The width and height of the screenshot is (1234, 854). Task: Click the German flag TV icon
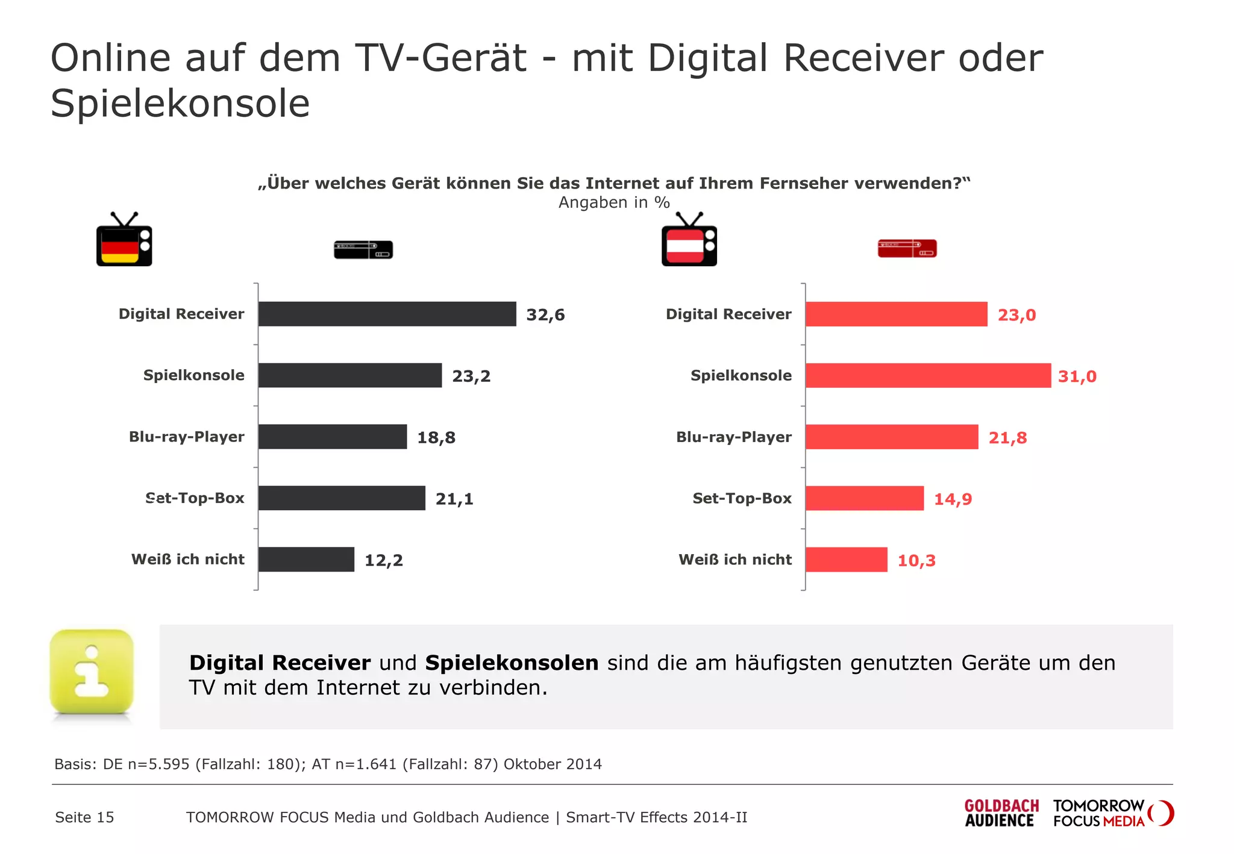point(124,240)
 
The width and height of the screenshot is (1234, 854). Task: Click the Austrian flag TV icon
point(689,240)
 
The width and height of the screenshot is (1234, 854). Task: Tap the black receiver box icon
point(363,249)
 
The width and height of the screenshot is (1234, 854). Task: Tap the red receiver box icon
point(907,248)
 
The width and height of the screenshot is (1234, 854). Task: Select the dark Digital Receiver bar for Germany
point(387,314)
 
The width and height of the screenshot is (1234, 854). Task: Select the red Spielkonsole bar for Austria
point(928,375)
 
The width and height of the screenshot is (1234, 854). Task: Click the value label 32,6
point(545,315)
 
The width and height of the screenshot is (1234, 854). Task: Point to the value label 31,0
point(1077,376)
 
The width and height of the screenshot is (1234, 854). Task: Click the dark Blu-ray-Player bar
point(333,437)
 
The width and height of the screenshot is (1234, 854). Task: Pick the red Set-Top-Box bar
point(865,498)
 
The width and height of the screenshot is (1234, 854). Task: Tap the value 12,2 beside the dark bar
point(383,560)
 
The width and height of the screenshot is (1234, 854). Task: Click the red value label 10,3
point(916,561)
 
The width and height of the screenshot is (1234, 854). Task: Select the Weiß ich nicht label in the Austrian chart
point(734,559)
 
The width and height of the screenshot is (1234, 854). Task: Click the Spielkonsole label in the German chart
point(193,375)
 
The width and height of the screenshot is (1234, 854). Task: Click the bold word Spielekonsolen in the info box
point(512,662)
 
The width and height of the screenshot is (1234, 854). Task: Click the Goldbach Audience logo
point(1001,813)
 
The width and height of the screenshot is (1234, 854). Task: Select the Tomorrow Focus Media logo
point(1112,813)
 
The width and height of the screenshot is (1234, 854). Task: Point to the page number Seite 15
point(84,817)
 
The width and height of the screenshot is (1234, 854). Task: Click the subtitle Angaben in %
point(613,202)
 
